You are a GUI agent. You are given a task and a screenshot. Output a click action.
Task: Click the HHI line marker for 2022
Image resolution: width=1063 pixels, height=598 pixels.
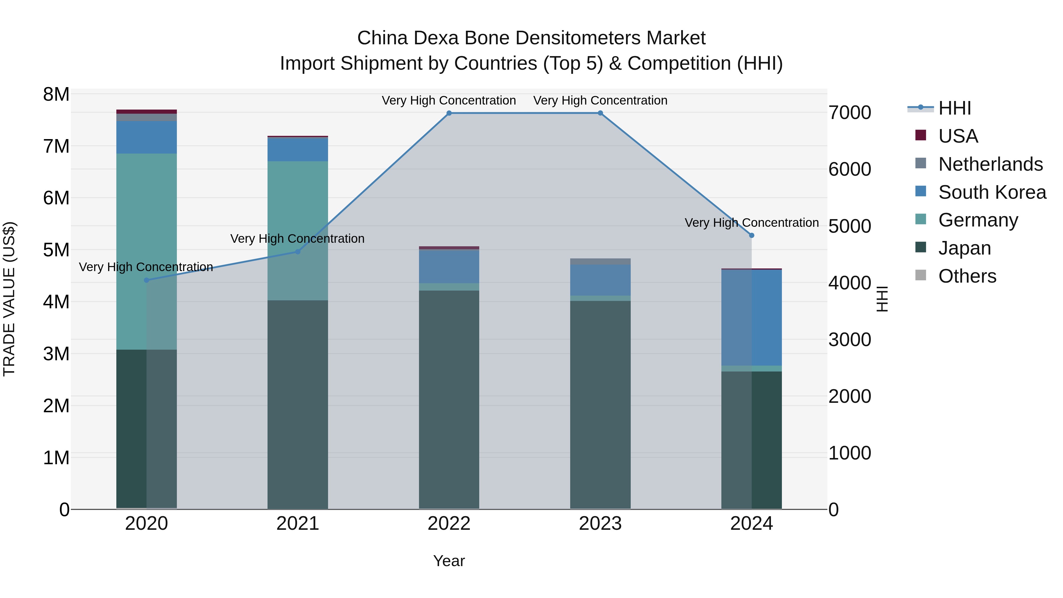pyautogui.click(x=449, y=113)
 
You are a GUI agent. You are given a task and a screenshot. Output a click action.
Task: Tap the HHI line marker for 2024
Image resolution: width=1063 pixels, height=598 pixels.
pyautogui.click(x=751, y=235)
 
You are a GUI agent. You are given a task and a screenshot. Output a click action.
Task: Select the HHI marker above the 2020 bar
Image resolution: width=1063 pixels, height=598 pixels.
pyautogui.click(x=146, y=280)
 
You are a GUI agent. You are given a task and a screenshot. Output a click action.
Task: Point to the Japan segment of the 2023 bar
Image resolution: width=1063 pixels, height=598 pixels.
pyautogui.click(x=600, y=405)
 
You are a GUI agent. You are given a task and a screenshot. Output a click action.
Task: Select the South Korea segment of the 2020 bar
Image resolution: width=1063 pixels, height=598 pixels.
pyautogui.click(x=146, y=137)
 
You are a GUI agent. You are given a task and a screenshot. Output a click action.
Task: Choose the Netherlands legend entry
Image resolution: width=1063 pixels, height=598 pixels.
pyautogui.click(x=990, y=164)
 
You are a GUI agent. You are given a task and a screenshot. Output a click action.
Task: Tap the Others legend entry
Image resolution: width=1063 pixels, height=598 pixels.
pyautogui.click(x=967, y=276)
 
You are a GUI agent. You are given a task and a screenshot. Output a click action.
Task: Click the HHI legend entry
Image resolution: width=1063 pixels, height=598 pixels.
pyautogui.click(x=954, y=108)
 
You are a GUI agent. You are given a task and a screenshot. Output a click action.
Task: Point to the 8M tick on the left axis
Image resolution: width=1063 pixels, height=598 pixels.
pyautogui.click(x=56, y=94)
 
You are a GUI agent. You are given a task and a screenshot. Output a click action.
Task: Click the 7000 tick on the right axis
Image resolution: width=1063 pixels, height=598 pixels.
pyautogui.click(x=850, y=113)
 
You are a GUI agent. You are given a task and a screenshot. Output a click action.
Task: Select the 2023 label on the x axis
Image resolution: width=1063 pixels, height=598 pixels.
pyautogui.click(x=600, y=524)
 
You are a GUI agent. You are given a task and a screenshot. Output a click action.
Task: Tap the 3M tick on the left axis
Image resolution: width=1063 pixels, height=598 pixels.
pyautogui.click(x=56, y=354)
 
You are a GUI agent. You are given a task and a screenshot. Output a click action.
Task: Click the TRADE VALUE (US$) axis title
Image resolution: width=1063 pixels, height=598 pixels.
pyautogui.click(x=9, y=299)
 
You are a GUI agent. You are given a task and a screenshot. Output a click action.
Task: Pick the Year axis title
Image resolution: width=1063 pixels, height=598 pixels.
pyautogui.click(x=449, y=561)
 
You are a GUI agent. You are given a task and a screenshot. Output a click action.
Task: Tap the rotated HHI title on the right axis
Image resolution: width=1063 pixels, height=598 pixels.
pyautogui.click(x=881, y=299)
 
